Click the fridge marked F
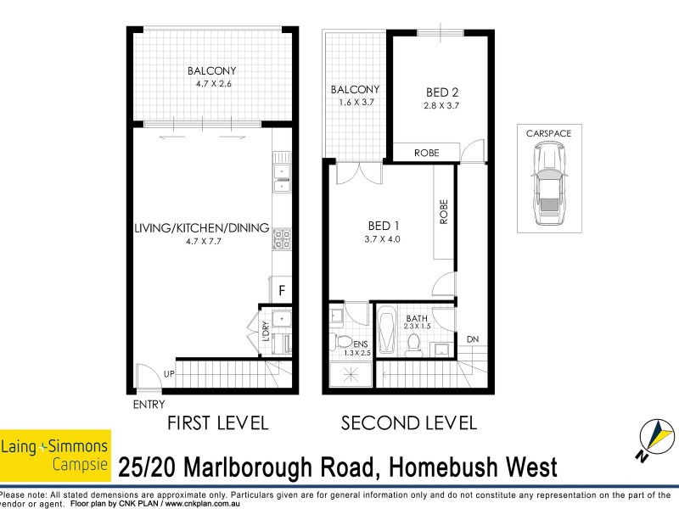(x=283, y=290)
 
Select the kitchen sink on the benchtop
(x=282, y=175)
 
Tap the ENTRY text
(x=149, y=405)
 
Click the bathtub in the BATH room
(x=386, y=334)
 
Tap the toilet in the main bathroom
(x=415, y=344)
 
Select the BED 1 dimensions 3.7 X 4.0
(x=379, y=238)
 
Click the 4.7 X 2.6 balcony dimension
(x=211, y=83)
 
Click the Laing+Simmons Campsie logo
(x=55, y=453)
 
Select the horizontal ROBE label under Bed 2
(x=426, y=153)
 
